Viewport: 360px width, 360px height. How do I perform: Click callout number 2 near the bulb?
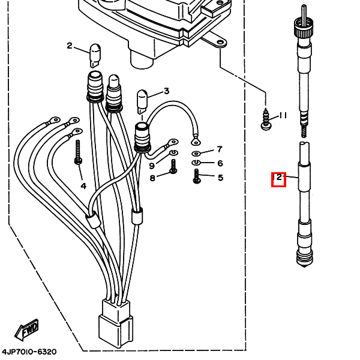[x=70, y=46]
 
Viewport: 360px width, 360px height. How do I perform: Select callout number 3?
[x=166, y=91]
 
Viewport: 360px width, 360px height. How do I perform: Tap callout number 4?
[x=83, y=186]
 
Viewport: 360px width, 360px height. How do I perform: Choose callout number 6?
[x=220, y=163]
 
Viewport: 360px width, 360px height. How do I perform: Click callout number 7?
[x=220, y=149]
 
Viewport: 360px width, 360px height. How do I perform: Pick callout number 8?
[x=152, y=178]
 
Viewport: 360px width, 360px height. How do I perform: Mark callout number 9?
[x=152, y=166]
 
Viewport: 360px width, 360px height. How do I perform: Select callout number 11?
[x=283, y=115]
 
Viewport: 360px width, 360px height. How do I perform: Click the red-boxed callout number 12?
[x=278, y=178]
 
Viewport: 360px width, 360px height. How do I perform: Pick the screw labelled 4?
[x=78, y=152]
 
